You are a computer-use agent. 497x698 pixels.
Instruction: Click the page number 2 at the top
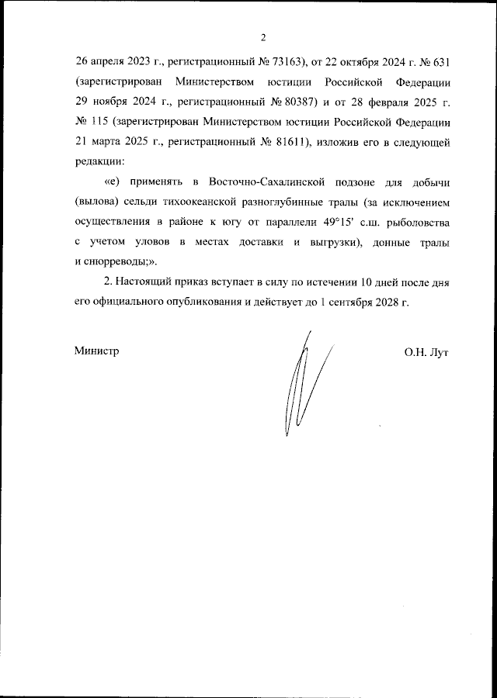pos(262,37)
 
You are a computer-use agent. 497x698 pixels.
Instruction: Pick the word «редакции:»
pos(99,164)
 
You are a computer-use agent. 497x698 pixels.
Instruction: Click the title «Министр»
pos(97,351)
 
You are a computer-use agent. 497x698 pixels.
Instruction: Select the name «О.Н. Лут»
pos(426,351)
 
